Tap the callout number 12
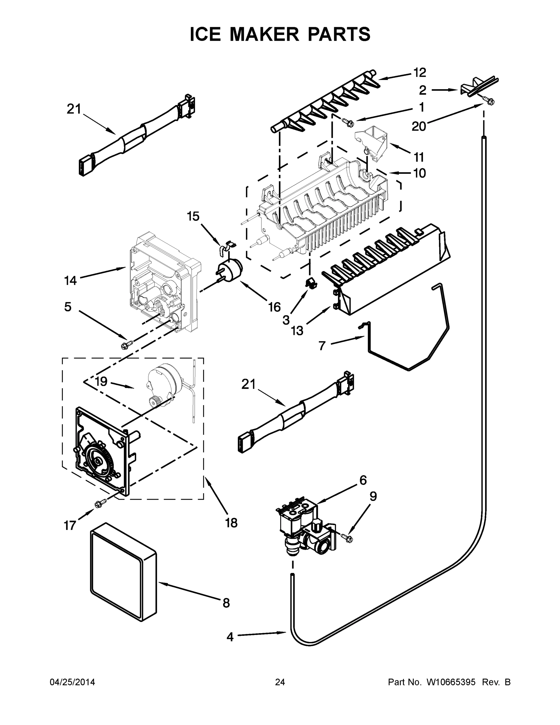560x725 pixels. [419, 72]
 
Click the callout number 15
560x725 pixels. [193, 216]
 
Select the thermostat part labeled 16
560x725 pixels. [229, 271]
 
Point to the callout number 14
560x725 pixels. [70, 281]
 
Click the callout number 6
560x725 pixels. [363, 480]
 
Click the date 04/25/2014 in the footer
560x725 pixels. [72, 682]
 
